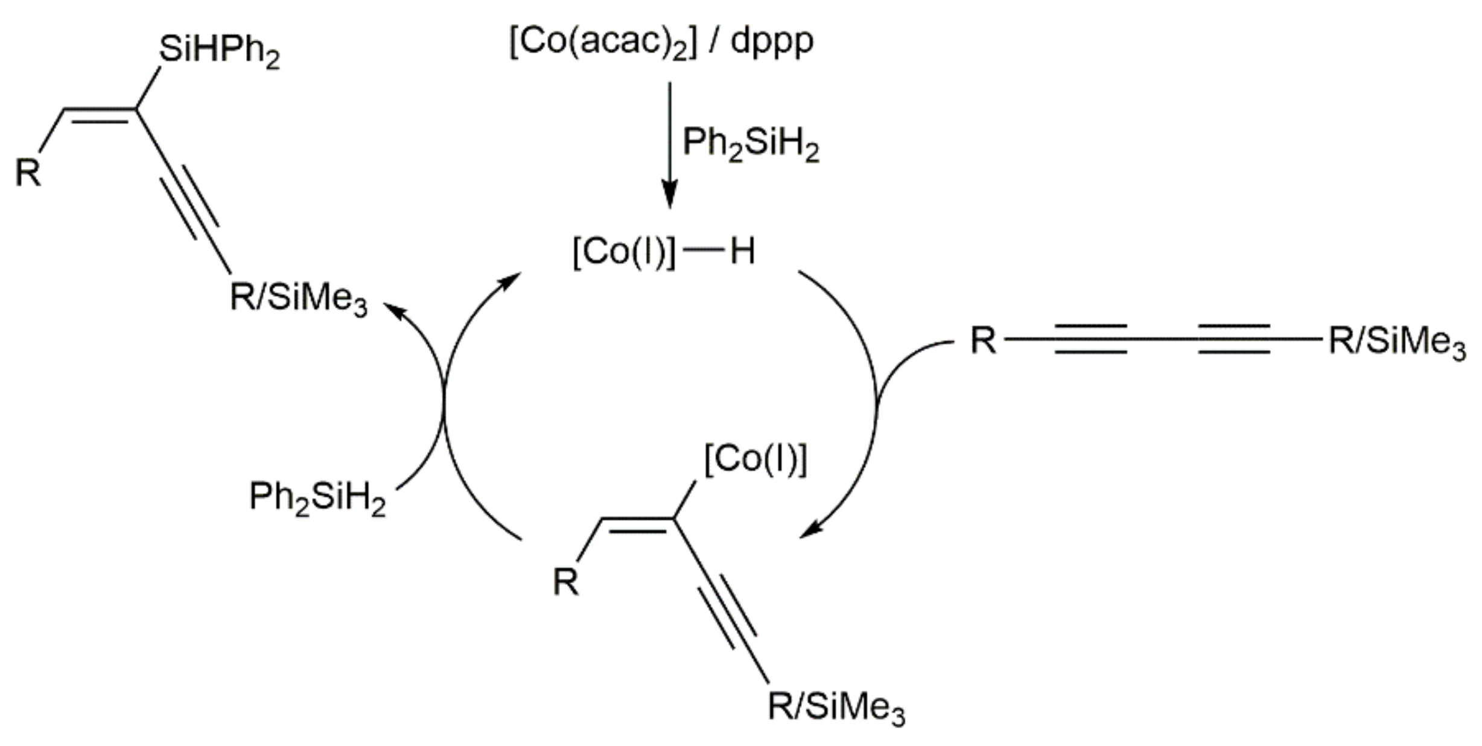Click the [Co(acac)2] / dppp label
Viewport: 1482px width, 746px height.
[x=661, y=42]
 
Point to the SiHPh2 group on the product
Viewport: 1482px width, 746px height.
[x=219, y=49]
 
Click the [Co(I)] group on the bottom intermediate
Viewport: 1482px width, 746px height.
[x=755, y=460]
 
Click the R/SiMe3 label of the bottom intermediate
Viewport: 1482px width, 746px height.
[x=836, y=707]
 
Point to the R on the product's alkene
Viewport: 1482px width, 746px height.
[x=28, y=173]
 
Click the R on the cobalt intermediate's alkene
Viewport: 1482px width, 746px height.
[x=565, y=583]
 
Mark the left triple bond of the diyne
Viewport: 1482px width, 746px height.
[x=1090, y=339]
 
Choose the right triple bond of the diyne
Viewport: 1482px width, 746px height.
[x=1233, y=339]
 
